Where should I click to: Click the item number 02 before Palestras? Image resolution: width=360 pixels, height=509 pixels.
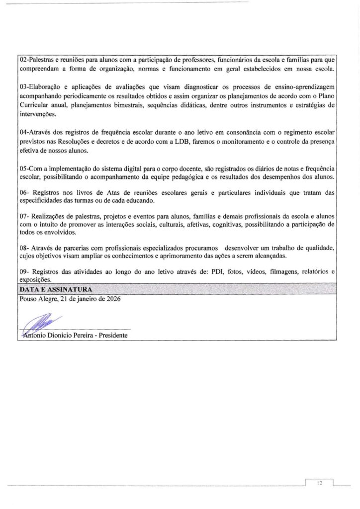click(x=22, y=60)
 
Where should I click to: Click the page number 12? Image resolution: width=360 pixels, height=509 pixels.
click(x=320, y=483)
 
